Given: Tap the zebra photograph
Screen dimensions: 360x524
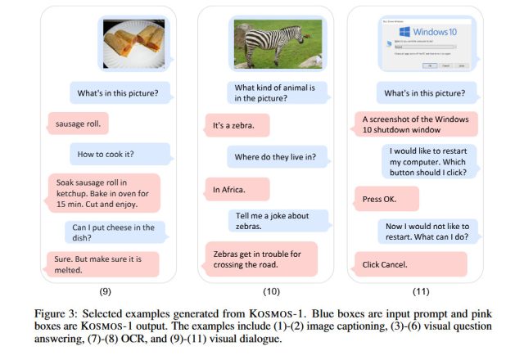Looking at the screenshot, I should (278, 44).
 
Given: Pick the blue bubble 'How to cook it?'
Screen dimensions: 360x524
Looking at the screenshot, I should (119, 154).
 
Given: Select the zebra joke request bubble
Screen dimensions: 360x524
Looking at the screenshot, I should (278, 220).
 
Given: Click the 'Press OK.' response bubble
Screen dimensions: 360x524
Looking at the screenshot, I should (386, 199).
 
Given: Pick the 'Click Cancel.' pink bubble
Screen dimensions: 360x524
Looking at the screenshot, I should (409, 264).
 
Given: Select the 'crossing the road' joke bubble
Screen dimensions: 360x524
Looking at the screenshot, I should (259, 259).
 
